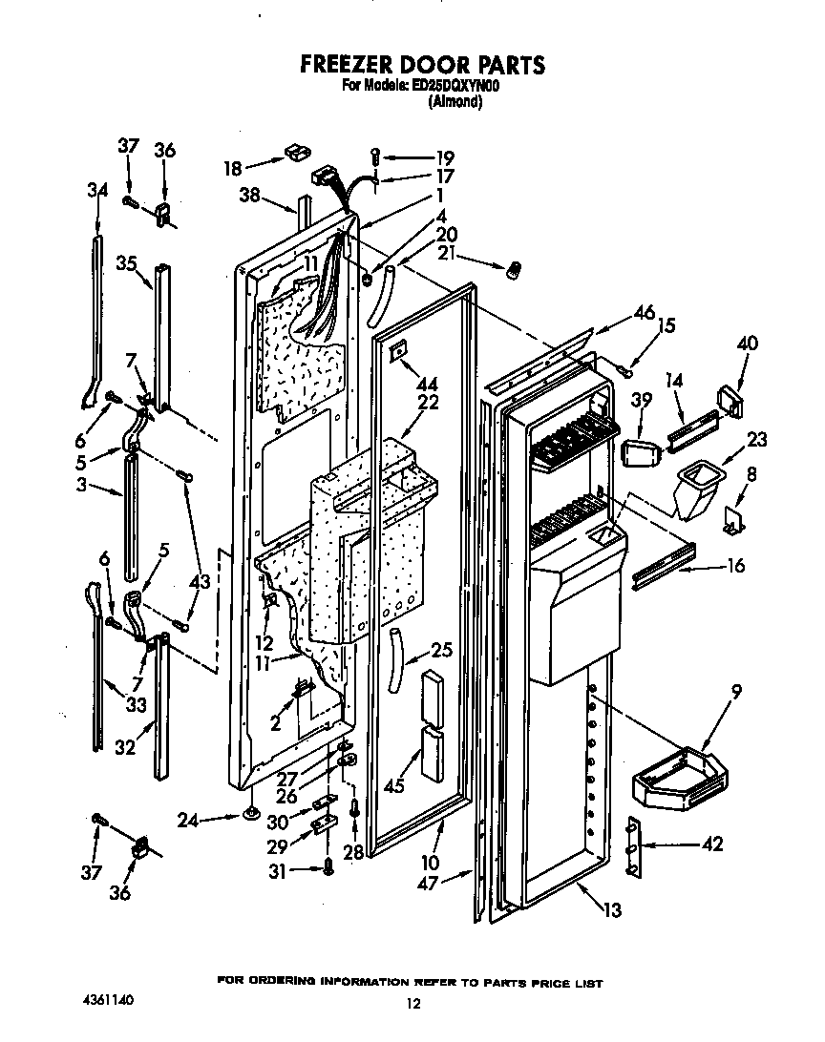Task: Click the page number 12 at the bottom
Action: click(x=412, y=1003)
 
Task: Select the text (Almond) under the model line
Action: click(x=455, y=101)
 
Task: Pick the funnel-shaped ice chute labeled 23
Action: click(x=697, y=486)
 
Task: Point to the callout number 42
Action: click(x=711, y=844)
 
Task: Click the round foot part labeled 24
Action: click(x=252, y=814)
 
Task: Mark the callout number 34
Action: click(x=96, y=190)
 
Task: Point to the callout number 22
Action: click(x=427, y=403)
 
